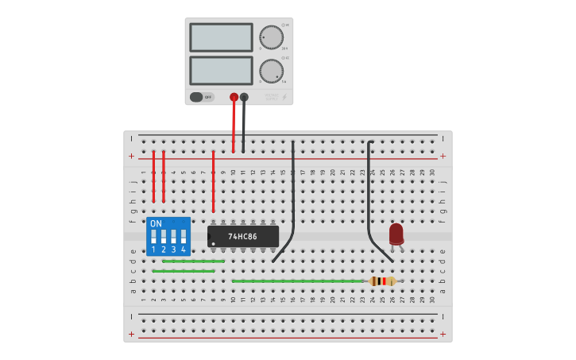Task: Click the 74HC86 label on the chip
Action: tap(243, 236)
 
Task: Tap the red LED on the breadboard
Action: tap(396, 234)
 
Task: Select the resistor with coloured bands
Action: tap(382, 281)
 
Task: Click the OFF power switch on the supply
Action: tap(202, 97)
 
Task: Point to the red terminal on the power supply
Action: tap(234, 98)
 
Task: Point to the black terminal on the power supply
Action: tap(244, 98)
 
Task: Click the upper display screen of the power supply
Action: tap(222, 37)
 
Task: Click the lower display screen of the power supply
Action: tap(222, 70)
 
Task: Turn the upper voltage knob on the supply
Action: tap(271, 37)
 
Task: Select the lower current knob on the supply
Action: tap(271, 71)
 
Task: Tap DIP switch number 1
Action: tap(153, 237)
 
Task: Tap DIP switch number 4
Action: tap(183, 237)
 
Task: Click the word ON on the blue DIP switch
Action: tap(156, 223)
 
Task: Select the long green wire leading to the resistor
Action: tap(298, 281)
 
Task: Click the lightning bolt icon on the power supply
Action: tap(284, 97)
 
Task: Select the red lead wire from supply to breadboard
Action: tap(234, 127)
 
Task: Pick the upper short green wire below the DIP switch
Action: tap(193, 261)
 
